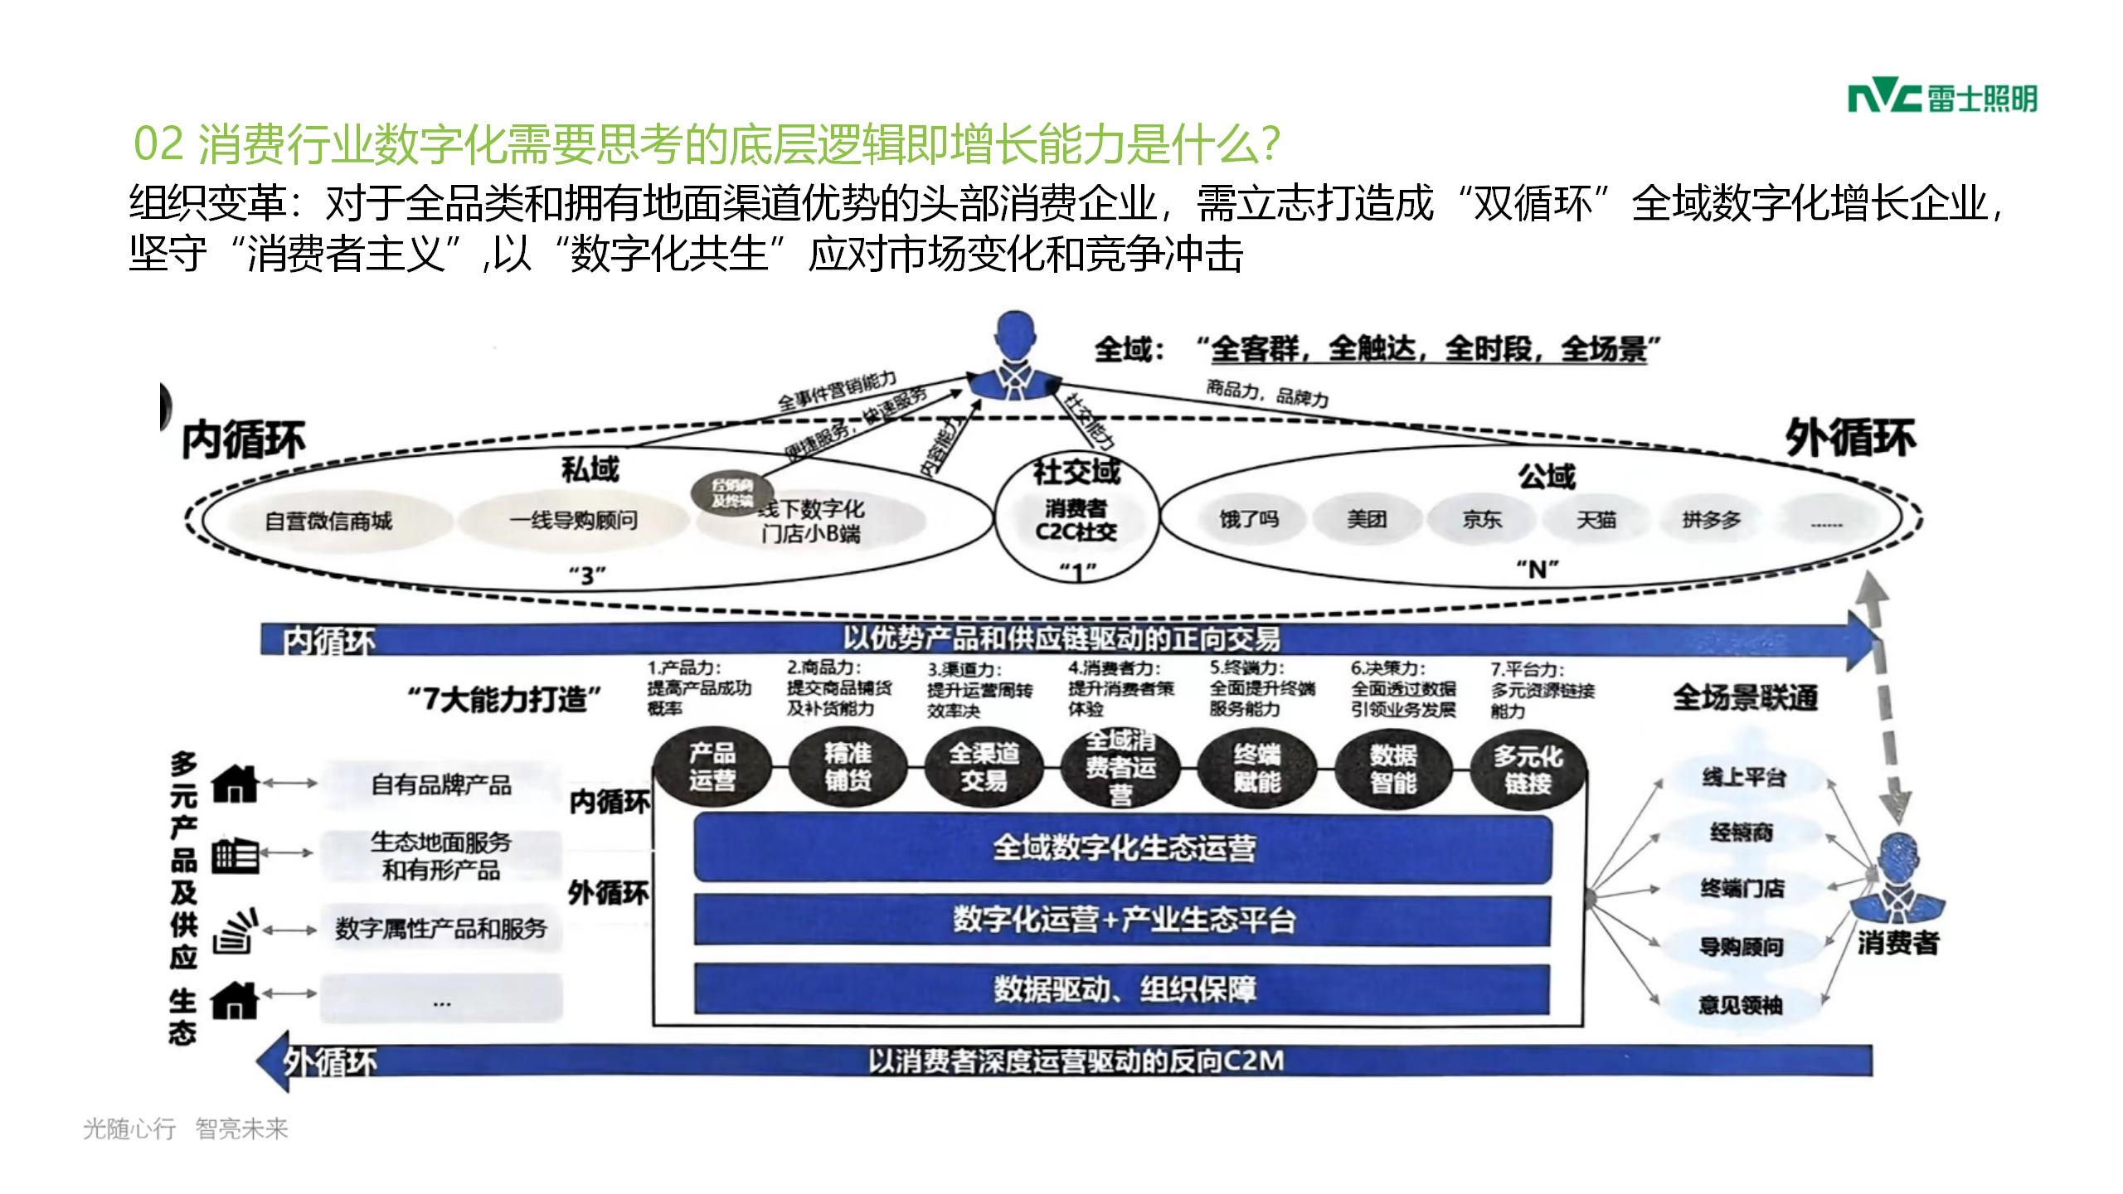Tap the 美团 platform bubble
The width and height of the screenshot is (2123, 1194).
[x=1366, y=520]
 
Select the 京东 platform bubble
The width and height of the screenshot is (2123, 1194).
[x=1481, y=520]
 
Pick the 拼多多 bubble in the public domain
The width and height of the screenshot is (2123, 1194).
[x=1711, y=520]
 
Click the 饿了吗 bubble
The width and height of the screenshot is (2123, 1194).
[x=1248, y=520]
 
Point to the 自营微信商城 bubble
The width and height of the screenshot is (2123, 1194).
[x=328, y=522]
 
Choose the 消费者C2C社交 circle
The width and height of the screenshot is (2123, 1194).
[x=1076, y=520]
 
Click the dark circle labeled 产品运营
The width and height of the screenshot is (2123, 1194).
[x=712, y=767]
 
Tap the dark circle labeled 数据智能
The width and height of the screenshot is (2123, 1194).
[x=1392, y=769]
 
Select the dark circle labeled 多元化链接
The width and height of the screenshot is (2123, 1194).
[x=1528, y=769]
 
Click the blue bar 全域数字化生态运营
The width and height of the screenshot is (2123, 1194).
[x=1123, y=848]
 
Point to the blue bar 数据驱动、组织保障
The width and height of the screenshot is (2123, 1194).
[x=1123, y=989]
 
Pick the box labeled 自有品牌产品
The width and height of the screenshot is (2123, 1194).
[x=441, y=784]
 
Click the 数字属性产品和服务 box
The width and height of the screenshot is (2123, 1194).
[x=441, y=929]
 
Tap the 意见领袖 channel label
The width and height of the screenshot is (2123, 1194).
[x=1740, y=1005]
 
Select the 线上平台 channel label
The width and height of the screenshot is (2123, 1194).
[x=1743, y=777]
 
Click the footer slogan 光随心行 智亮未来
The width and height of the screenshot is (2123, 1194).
[x=186, y=1128]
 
